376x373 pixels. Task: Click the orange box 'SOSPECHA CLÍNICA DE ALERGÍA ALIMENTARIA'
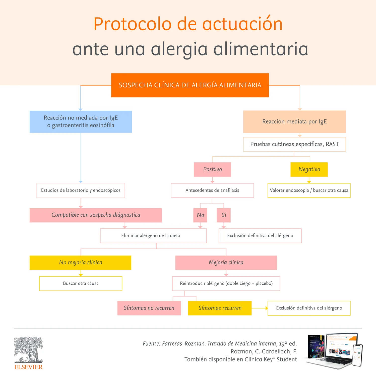190,85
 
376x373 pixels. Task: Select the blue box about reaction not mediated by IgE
81,122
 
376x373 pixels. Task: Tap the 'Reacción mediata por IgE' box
294,122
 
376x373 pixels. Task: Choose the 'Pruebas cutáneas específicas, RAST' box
294,144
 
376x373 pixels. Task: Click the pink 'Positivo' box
212,169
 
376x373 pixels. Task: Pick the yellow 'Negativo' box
309,169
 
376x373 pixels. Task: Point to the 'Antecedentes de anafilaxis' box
212,190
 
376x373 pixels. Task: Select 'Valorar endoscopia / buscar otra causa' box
309,190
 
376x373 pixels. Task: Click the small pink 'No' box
200,215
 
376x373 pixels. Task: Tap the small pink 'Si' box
224,215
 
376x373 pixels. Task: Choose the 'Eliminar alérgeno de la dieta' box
153,236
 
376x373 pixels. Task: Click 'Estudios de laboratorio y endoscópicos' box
81,190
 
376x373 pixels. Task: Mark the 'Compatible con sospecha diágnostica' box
96,215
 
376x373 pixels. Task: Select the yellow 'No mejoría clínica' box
80,263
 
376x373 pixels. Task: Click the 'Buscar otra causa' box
81,283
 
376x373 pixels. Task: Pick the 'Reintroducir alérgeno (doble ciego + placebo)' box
226,283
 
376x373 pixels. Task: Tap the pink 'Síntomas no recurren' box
149,308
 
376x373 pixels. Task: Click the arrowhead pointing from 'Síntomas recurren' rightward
267,308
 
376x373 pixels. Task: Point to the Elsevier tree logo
28,350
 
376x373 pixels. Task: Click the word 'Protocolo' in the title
133,24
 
